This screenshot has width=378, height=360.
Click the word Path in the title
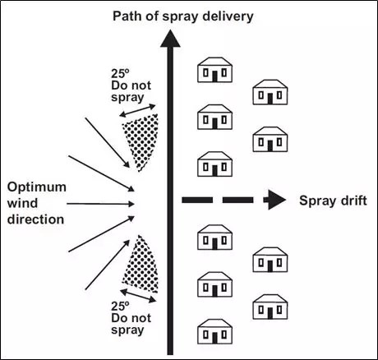click(x=124, y=16)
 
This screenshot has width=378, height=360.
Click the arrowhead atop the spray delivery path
click(x=170, y=39)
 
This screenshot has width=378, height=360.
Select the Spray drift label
click(x=333, y=201)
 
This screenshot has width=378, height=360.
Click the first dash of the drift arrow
click(x=197, y=200)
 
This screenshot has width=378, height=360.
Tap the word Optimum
click(x=37, y=188)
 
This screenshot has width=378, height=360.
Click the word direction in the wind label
click(x=35, y=219)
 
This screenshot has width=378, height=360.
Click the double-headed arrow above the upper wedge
click(x=137, y=111)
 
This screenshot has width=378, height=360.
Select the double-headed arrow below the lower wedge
click(x=138, y=296)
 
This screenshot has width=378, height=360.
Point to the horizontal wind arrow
click(x=100, y=204)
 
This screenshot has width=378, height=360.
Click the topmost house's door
click(x=215, y=76)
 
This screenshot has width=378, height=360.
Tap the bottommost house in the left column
click(x=215, y=332)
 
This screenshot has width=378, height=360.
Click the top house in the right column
click(x=270, y=92)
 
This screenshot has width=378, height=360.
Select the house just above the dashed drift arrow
click(x=215, y=164)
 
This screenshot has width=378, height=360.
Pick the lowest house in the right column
click(x=270, y=307)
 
